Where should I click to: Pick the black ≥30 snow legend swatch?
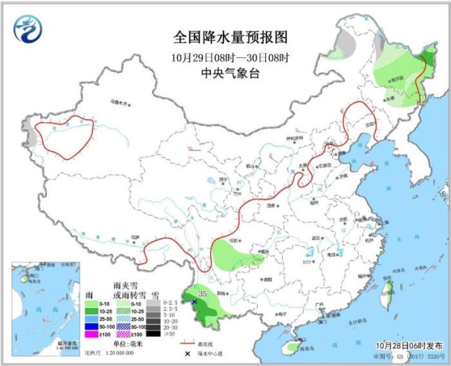153,333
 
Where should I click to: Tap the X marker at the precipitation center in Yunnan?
194,301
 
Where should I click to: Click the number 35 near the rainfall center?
202,294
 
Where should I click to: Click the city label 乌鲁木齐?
119,101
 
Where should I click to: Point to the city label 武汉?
316,238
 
